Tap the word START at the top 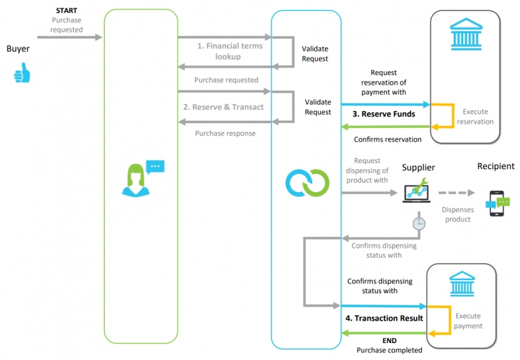point(66,12)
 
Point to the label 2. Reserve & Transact point(223,107)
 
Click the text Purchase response point(225,133)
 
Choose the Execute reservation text point(477,116)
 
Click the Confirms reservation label point(387,139)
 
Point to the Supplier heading point(418,167)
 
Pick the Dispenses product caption point(458,215)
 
